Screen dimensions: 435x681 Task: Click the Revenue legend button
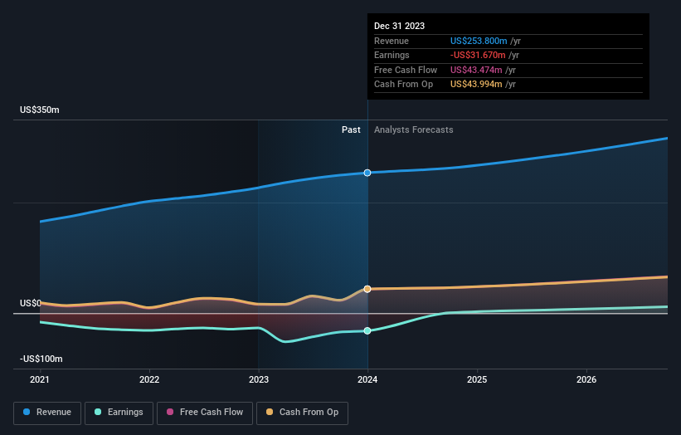pyautogui.click(x=47, y=412)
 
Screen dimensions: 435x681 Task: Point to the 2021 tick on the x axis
pyautogui.click(x=40, y=380)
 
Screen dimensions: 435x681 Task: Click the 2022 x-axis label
pyautogui.click(x=149, y=380)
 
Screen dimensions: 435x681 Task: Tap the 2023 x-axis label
pyautogui.click(x=259, y=380)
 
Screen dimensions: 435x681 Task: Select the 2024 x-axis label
pyautogui.click(x=367, y=380)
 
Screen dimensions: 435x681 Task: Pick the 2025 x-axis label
pyautogui.click(x=477, y=380)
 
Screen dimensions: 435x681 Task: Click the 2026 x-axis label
pyautogui.click(x=586, y=380)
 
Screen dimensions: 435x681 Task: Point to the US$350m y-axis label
pyautogui.click(x=40, y=110)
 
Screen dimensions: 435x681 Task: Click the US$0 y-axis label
pyautogui.click(x=31, y=304)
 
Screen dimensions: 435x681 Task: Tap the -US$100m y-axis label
pyautogui.click(x=41, y=359)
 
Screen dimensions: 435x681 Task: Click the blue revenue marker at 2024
pyautogui.click(x=367, y=173)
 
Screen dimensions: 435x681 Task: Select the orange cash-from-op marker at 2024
pyautogui.click(x=367, y=289)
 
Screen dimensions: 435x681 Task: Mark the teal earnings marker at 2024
pyautogui.click(x=367, y=330)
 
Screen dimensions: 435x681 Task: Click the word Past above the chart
pyautogui.click(x=351, y=130)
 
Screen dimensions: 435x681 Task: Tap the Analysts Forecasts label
pyautogui.click(x=414, y=130)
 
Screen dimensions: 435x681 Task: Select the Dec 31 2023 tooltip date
pyautogui.click(x=399, y=26)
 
